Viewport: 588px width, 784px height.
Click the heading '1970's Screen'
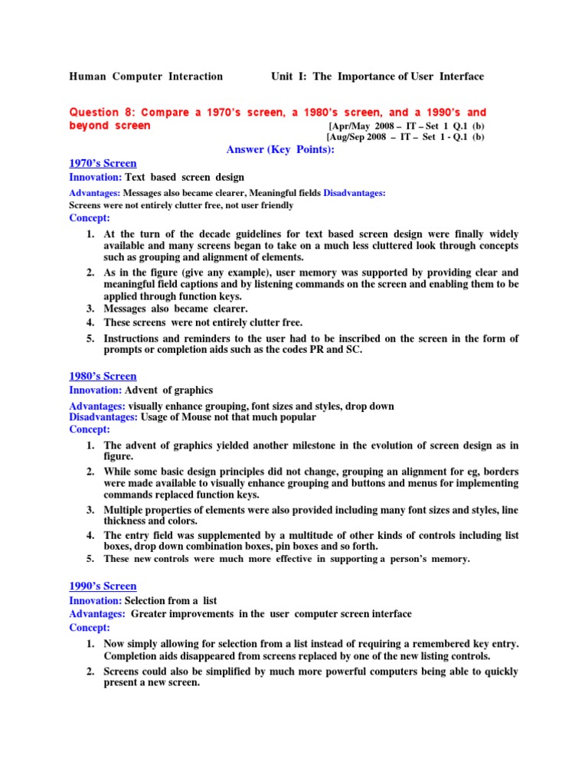click(103, 163)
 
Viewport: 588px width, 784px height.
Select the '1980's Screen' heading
click(103, 376)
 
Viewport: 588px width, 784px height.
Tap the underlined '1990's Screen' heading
click(103, 586)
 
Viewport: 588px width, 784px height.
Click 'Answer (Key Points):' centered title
click(281, 149)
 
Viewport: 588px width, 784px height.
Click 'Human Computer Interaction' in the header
click(146, 77)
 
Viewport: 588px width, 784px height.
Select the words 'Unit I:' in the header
click(289, 77)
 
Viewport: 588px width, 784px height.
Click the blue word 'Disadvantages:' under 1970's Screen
click(354, 193)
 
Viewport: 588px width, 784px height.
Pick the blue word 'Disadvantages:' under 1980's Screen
click(103, 417)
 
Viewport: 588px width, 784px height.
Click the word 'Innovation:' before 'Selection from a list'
click(95, 601)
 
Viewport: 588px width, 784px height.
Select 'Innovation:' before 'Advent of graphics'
click(95, 390)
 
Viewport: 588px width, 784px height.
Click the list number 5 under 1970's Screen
click(90, 338)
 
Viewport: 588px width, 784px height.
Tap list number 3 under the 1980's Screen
click(90, 510)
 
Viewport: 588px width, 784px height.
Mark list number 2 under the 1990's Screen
click(90, 671)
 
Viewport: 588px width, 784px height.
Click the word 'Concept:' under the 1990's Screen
click(90, 626)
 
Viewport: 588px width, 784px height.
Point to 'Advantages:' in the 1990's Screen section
click(96, 613)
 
